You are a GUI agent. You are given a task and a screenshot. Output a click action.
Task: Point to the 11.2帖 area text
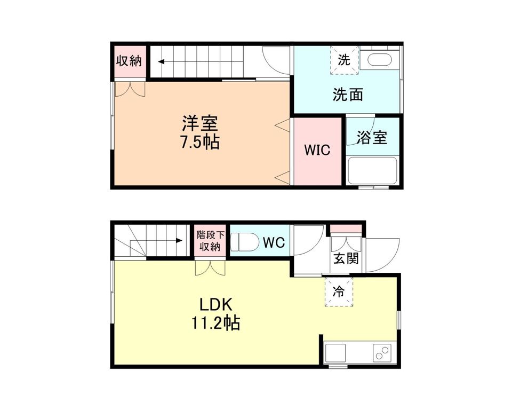(215, 323)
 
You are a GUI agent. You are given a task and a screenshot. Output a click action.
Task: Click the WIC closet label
(317, 150)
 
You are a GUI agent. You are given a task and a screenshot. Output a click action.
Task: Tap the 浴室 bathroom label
(373, 137)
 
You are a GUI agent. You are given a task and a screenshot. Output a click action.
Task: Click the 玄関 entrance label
(346, 259)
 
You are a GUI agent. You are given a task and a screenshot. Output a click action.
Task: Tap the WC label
(274, 242)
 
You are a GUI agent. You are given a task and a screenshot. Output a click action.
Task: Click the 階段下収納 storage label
(209, 241)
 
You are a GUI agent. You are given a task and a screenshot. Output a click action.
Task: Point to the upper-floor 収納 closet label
(129, 60)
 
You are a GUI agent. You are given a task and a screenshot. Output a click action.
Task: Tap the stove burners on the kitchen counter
(382, 353)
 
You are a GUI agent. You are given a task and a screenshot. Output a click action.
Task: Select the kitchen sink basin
(336, 353)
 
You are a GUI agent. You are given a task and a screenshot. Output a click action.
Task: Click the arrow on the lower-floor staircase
(179, 241)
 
